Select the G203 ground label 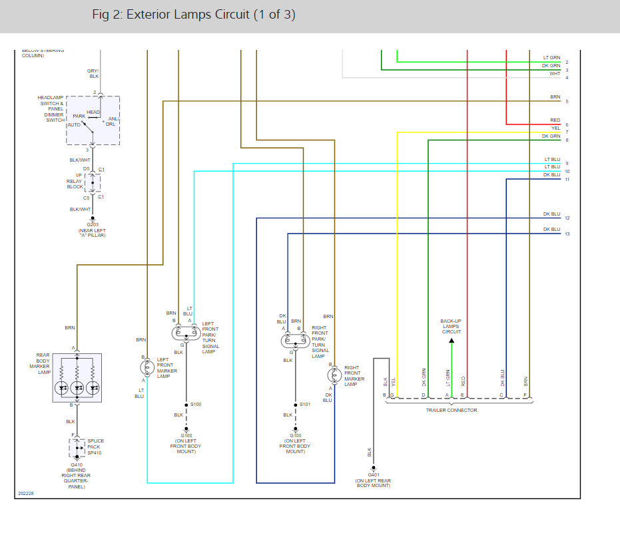(93, 224)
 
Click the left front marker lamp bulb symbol (147, 368)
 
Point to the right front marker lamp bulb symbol (334, 375)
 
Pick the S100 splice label (196, 404)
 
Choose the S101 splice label (305, 404)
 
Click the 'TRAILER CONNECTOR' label (452, 410)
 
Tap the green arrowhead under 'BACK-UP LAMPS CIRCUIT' (452, 341)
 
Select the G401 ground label (374, 475)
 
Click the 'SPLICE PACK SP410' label (95, 447)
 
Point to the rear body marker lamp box (53, 378)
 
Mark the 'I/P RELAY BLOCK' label (75, 181)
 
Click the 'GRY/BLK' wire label (93, 73)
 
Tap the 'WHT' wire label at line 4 (555, 74)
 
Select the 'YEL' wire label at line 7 (555, 128)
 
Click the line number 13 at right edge (567, 234)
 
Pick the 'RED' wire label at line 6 (555, 120)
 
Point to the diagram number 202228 (26, 494)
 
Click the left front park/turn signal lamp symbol (186, 333)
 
